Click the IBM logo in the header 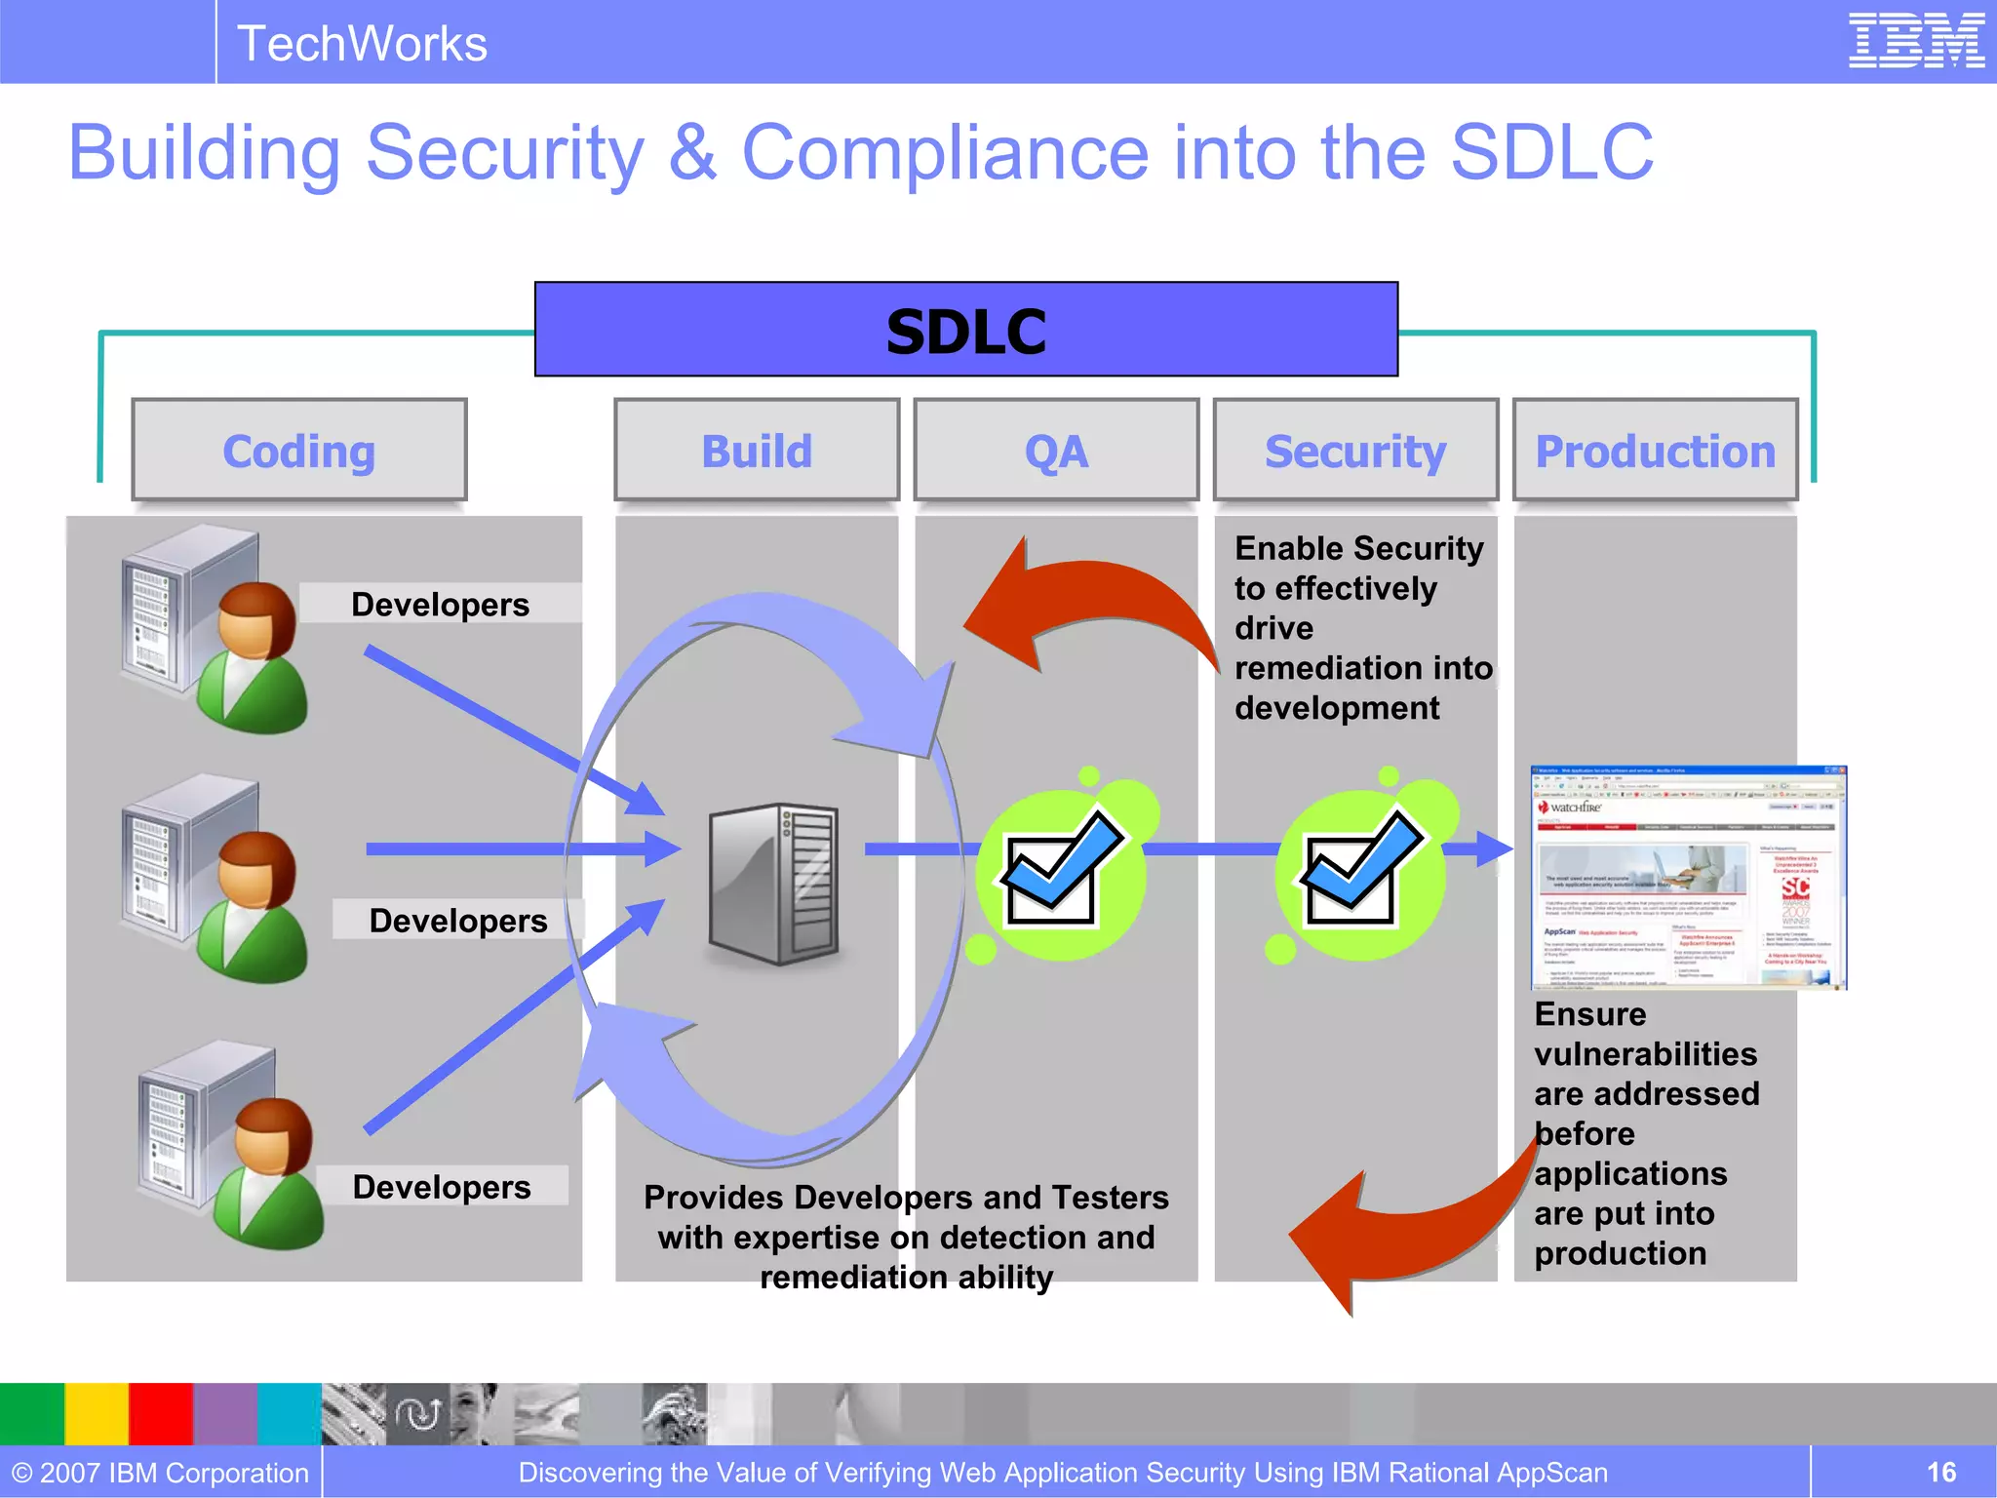(1916, 41)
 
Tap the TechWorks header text (362, 44)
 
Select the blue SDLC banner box (965, 330)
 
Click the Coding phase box (299, 451)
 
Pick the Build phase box (757, 451)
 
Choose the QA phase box (1056, 451)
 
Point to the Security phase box (1355, 451)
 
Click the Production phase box (1655, 451)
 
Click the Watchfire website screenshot (1689, 878)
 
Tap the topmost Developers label (440, 604)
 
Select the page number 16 (1940, 1472)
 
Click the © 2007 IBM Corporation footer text (160, 1472)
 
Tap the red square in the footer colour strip (161, 1413)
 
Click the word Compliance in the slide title (946, 153)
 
